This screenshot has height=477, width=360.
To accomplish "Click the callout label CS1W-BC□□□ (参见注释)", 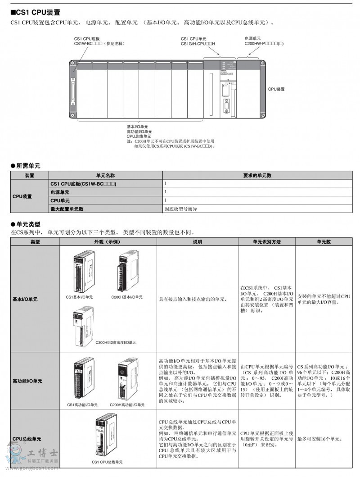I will click(x=99, y=43).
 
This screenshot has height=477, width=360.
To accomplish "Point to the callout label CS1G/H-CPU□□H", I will click(x=198, y=43).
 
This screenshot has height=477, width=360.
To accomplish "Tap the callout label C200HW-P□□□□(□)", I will click(x=264, y=43).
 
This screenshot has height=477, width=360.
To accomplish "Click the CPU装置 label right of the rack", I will click(x=276, y=90).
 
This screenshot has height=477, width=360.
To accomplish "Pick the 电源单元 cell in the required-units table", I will click(x=60, y=192).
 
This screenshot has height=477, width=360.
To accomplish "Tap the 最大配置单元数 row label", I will click(x=67, y=209).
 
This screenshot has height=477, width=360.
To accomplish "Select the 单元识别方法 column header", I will click(x=266, y=242).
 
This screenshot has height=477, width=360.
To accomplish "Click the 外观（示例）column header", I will click(x=108, y=242).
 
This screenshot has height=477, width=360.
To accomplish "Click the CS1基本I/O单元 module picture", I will click(x=84, y=271).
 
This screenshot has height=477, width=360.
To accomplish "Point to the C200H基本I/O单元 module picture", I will click(x=127, y=271).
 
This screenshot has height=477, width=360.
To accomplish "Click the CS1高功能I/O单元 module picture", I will click(x=84, y=379).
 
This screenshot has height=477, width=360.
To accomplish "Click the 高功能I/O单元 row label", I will click(x=27, y=381).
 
